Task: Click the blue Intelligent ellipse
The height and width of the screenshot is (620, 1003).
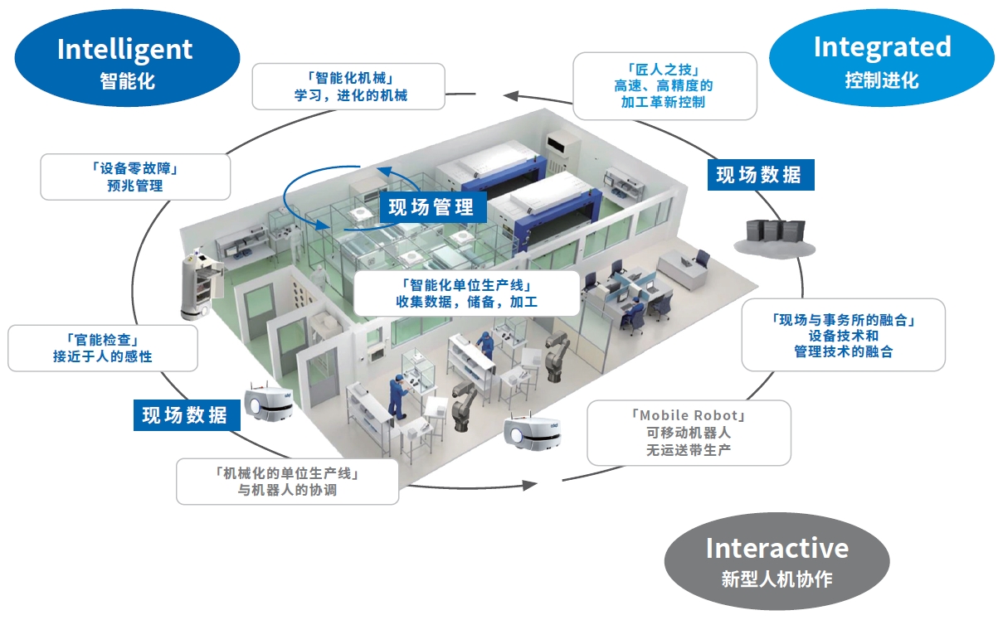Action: coord(124,62)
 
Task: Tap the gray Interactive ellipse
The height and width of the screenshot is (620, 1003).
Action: coord(777,560)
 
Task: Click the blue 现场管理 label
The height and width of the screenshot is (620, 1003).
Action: coord(431,207)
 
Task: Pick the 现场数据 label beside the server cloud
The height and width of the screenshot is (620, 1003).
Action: coord(759,175)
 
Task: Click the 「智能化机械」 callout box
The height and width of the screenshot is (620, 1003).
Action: coord(349,87)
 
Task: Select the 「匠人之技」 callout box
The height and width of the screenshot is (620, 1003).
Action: coord(665,86)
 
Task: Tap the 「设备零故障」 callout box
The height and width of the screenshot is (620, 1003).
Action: coord(135,177)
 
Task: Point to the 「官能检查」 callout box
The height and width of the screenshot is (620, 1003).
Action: coord(102,348)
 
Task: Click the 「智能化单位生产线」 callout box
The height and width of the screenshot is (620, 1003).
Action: coord(466,293)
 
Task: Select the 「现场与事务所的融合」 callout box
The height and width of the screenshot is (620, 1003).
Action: coord(843,335)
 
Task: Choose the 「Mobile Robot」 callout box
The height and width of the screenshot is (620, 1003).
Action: coord(689,433)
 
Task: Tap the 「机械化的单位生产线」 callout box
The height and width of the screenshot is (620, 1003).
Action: coord(287,481)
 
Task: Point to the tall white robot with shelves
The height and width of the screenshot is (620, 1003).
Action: coord(200,282)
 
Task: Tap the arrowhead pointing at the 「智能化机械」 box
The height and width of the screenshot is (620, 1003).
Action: coord(515,95)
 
